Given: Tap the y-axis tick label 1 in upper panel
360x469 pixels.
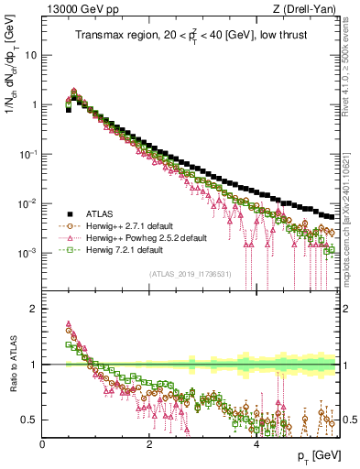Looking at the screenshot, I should (33, 104).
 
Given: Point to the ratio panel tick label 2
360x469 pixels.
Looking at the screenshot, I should (33, 309).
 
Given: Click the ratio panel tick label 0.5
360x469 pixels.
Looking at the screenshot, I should (29, 420).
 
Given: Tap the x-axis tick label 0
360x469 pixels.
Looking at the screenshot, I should (42, 444).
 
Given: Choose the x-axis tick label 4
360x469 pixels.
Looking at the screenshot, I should (255, 444).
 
